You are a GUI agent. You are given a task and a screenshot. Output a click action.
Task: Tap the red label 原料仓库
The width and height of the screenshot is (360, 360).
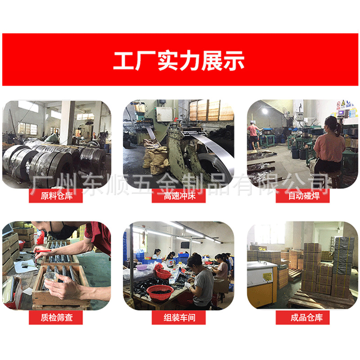tap(56, 196)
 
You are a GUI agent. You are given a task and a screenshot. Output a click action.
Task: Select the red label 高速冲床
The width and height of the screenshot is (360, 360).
tap(179, 196)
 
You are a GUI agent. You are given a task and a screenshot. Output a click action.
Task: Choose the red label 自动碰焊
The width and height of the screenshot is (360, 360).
tap(302, 196)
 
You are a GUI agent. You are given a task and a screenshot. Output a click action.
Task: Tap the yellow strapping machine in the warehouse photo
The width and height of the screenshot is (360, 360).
tap(261, 283)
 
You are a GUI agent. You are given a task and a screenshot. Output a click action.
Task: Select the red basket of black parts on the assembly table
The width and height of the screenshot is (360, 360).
tap(160, 291)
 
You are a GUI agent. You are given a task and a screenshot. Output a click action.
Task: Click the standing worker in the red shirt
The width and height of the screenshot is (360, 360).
tap(254, 133)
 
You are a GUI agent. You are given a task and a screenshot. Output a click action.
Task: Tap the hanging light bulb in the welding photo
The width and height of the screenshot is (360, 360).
tap(264, 111)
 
